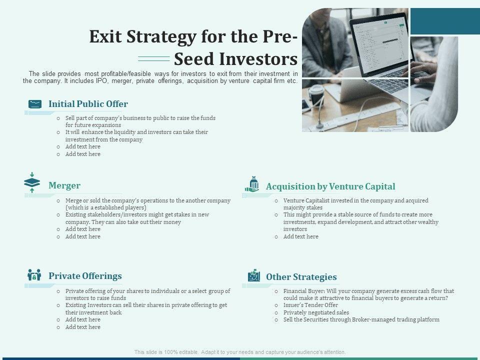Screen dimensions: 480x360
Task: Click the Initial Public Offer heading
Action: [x=88, y=104]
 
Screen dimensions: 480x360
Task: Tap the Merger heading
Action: [x=64, y=185]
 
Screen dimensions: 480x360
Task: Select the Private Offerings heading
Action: [x=85, y=276]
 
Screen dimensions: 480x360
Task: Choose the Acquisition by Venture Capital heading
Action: [x=330, y=186]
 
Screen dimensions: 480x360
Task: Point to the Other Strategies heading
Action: [x=301, y=276]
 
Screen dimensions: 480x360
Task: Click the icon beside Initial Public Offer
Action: [x=35, y=104]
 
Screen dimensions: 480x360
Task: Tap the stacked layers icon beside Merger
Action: [x=32, y=182]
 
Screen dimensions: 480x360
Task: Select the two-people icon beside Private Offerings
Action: [x=34, y=275]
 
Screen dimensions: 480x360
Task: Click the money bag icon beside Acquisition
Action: [x=252, y=184]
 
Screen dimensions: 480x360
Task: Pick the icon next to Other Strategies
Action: [x=254, y=275]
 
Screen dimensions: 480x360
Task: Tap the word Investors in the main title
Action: [x=258, y=59]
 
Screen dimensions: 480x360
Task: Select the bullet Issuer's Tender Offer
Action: [x=310, y=305]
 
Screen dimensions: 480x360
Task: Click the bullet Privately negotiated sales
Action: [x=316, y=312]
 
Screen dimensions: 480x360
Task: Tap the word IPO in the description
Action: [x=101, y=81]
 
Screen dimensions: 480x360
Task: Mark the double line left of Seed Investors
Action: [x=154, y=59]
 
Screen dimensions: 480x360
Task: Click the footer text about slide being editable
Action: [x=240, y=352]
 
